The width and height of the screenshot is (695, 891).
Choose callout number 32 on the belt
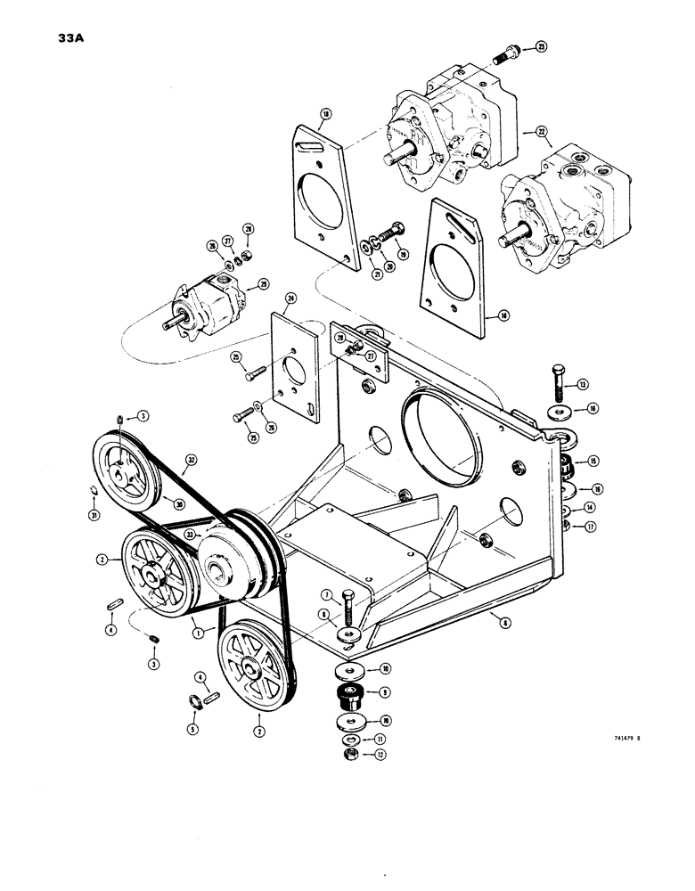[x=188, y=462]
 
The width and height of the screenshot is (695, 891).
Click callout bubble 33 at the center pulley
[x=191, y=534]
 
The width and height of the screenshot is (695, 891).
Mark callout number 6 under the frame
[x=504, y=624]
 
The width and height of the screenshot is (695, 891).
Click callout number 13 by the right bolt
[x=583, y=385]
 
